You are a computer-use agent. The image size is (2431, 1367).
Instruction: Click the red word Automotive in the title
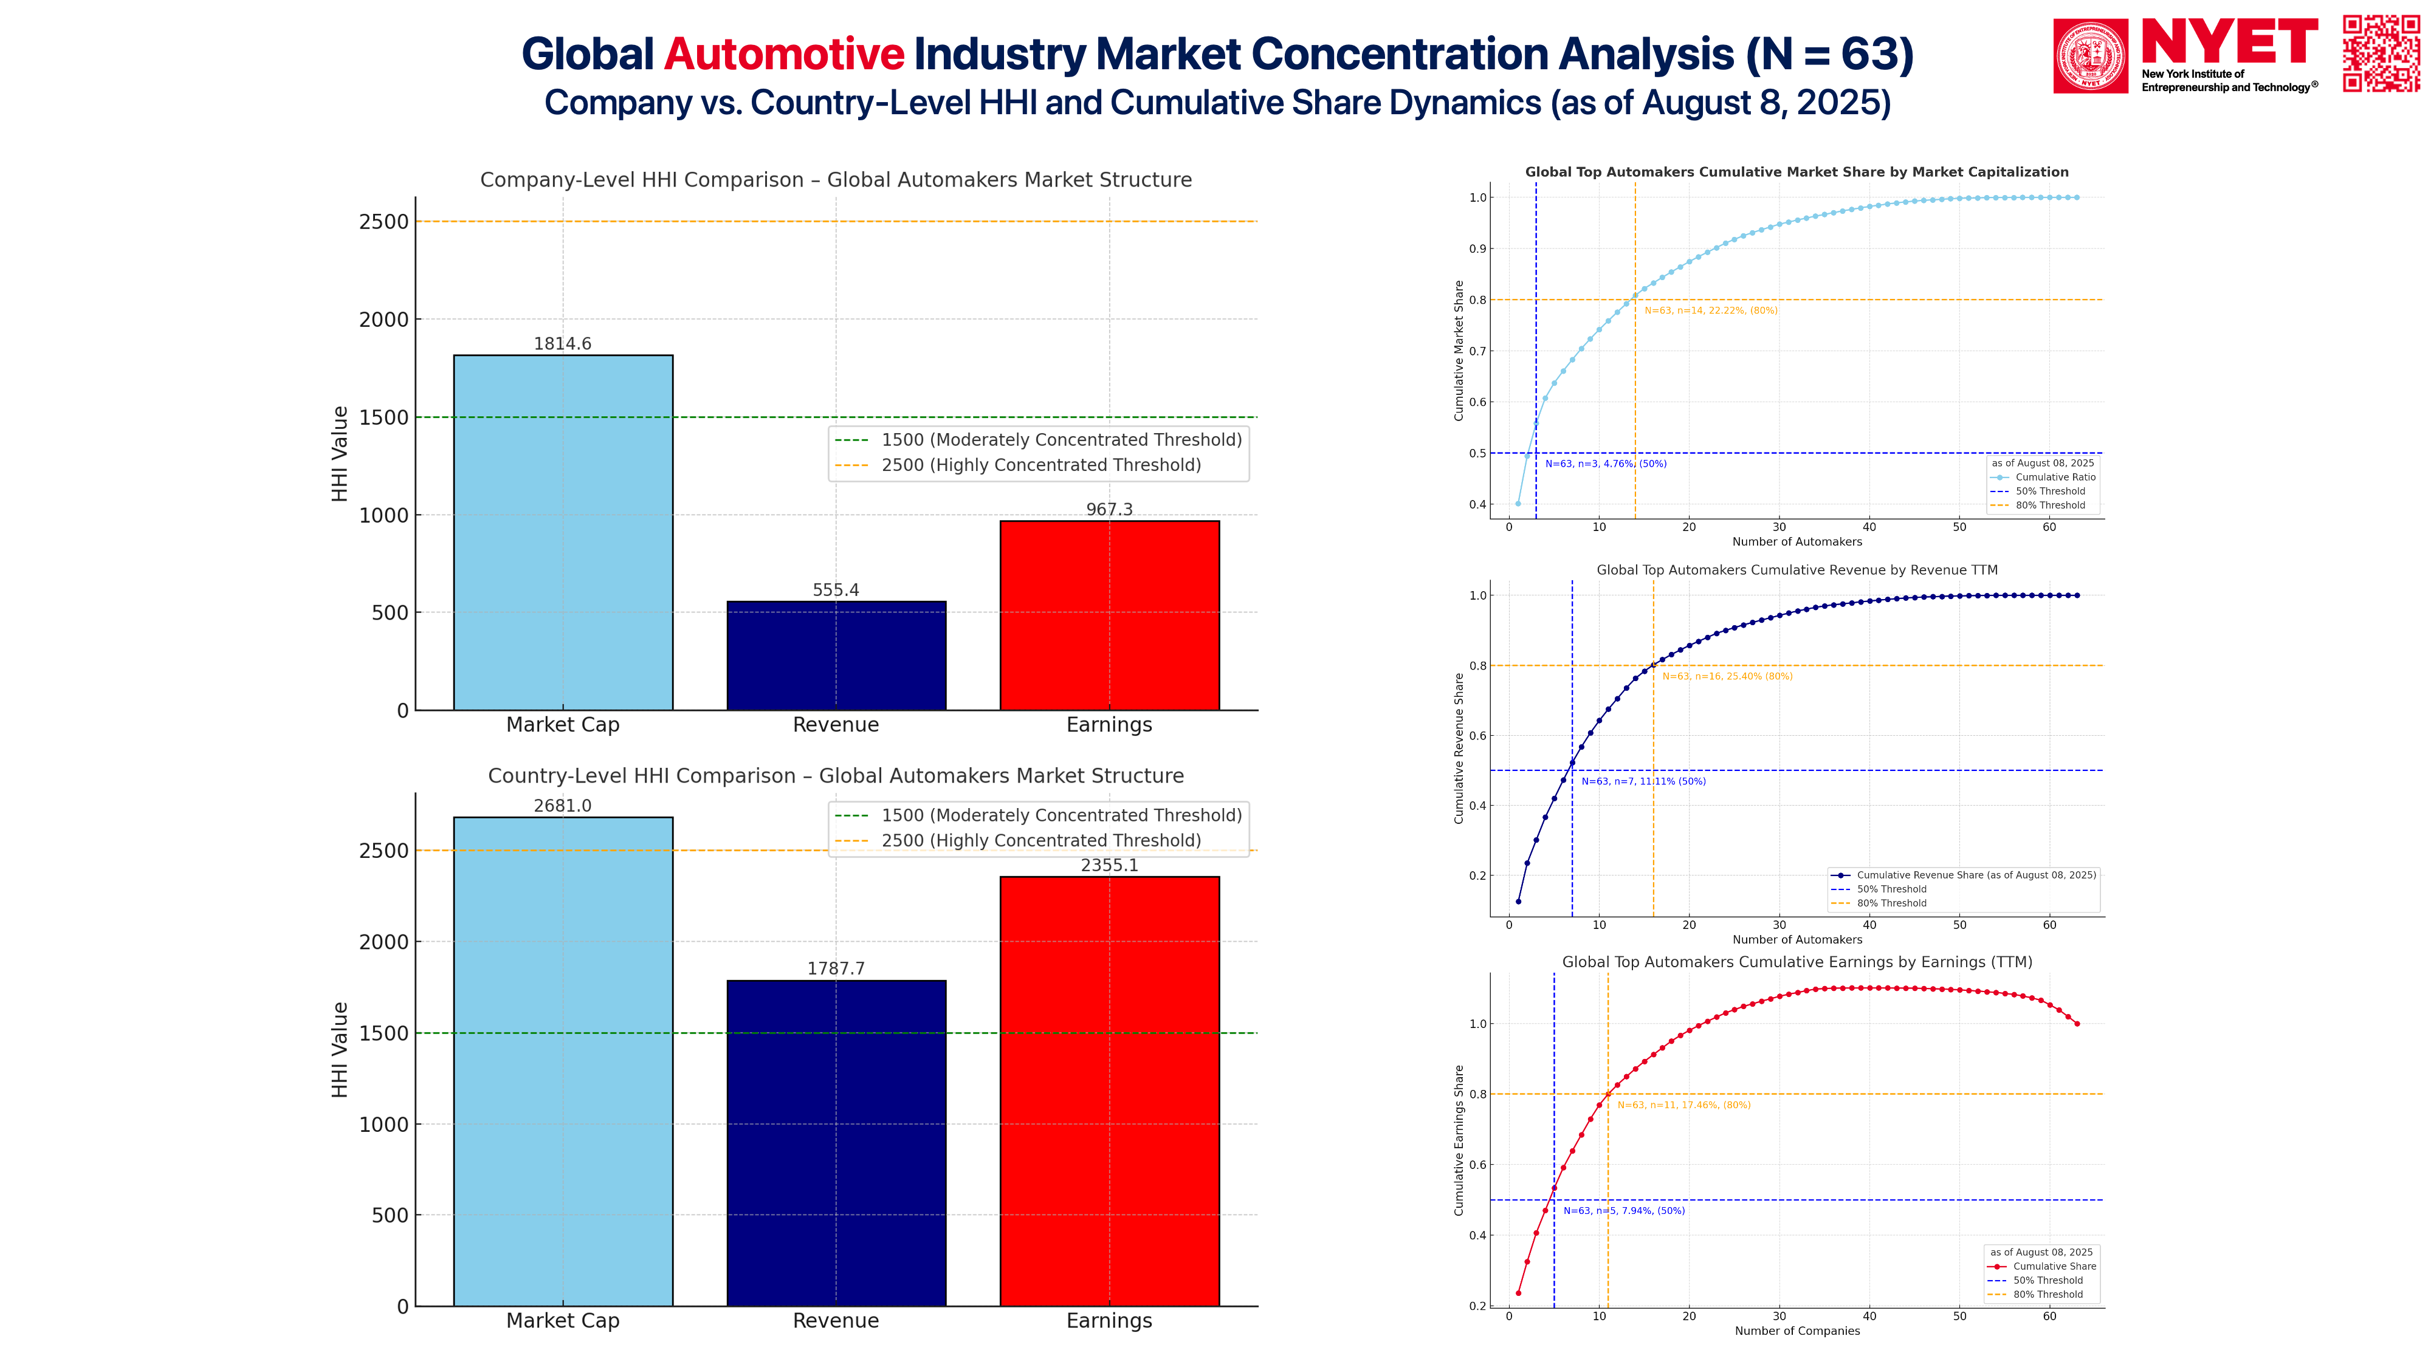[x=783, y=54]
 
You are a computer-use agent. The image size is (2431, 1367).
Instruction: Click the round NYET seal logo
[x=2090, y=56]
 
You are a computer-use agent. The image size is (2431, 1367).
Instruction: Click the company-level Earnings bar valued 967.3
[x=1109, y=615]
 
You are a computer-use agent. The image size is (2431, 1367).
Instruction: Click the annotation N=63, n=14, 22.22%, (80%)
[x=1710, y=310]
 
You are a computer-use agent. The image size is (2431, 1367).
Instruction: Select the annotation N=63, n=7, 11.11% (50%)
[x=1643, y=781]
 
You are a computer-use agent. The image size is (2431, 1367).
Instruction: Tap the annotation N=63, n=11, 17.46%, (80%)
[x=1683, y=1105]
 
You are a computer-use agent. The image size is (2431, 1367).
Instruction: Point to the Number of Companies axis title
[x=1797, y=1331]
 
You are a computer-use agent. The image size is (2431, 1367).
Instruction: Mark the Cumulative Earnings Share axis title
[x=1459, y=1140]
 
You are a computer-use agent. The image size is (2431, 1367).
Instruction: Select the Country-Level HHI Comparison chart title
[x=835, y=775]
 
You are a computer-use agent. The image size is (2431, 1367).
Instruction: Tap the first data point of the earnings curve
[x=1518, y=1293]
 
